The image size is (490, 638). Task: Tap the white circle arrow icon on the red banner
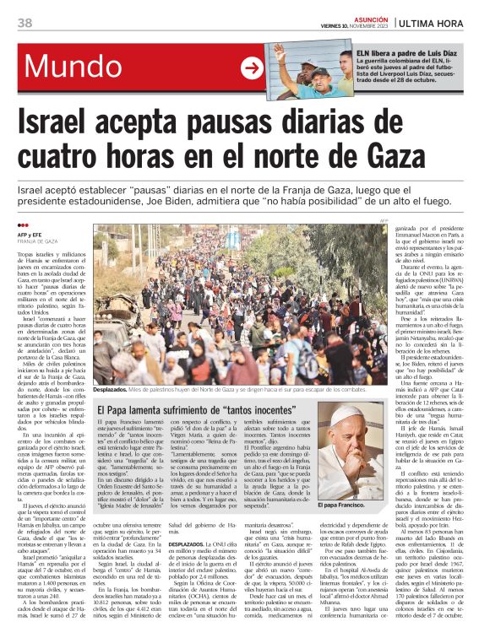253,68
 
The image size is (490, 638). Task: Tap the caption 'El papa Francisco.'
340,504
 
